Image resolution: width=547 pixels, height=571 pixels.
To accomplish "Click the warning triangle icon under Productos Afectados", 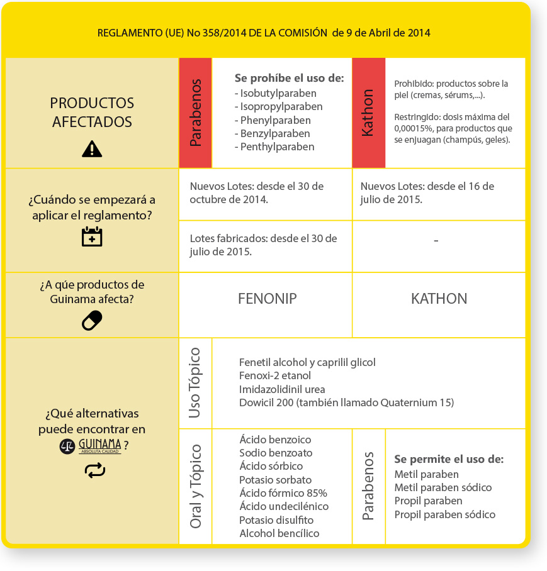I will [92, 148].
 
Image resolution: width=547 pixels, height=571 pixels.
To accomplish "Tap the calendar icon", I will [92, 236].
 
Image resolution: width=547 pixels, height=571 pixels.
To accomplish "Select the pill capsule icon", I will [92, 320].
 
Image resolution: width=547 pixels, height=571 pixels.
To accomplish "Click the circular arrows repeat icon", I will [94, 470].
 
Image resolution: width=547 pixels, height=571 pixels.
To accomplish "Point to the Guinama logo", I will [91, 446].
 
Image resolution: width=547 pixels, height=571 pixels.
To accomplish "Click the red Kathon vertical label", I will [368, 113].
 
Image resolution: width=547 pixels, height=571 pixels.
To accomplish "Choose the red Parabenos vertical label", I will [195, 113].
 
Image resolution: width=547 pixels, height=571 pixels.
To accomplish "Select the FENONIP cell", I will [267, 299].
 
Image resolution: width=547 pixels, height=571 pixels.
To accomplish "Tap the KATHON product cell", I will [439, 299].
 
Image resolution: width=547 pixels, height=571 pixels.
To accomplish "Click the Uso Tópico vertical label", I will [195, 382].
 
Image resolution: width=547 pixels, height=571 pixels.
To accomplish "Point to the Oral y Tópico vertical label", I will [195, 486].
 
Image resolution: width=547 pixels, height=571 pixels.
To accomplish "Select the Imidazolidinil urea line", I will [282, 389].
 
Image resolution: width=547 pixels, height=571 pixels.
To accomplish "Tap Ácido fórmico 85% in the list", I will [283, 493].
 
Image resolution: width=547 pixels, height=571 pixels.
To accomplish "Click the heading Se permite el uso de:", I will [449, 459].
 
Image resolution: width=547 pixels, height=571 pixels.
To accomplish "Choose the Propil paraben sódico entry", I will [444, 514].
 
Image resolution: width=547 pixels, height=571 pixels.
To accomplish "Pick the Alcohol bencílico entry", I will [279, 533].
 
